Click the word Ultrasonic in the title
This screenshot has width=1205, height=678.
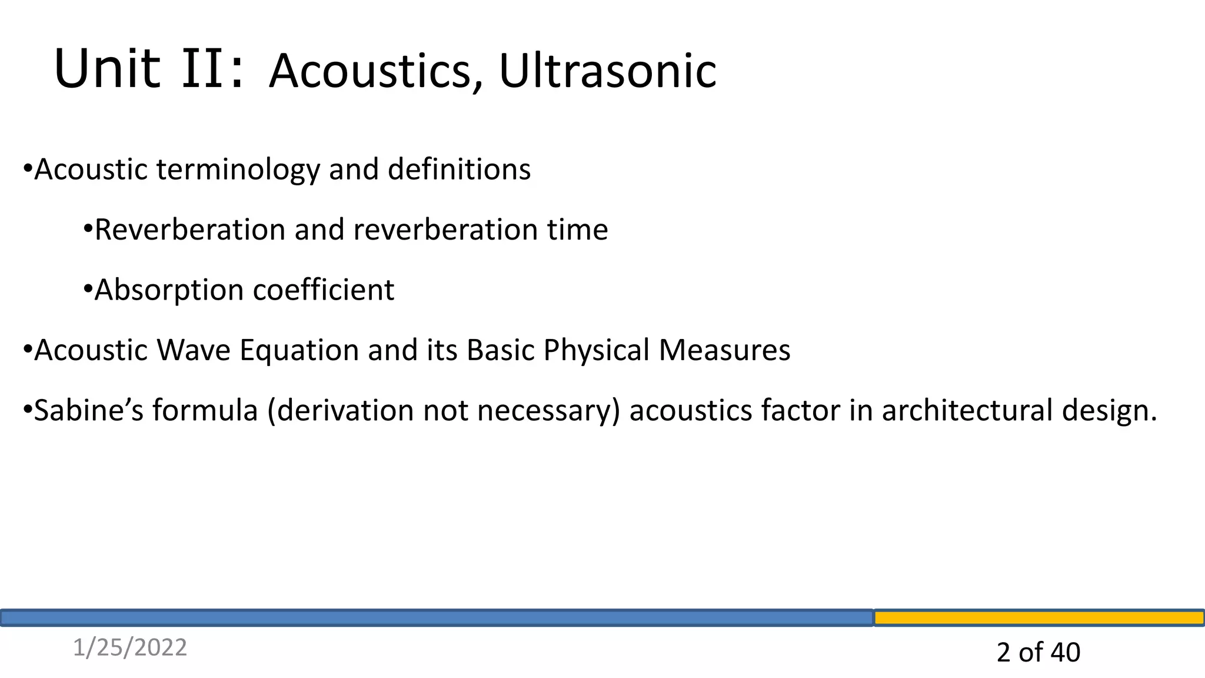pos(607,72)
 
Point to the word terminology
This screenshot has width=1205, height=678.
pos(238,170)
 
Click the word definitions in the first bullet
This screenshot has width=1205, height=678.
pos(459,169)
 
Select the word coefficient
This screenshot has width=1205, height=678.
pos(323,290)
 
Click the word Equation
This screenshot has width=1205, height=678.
pos(299,351)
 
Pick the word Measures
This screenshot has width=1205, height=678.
pos(724,351)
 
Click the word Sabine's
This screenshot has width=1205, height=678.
pos(88,411)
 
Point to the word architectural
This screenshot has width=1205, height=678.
pos(967,411)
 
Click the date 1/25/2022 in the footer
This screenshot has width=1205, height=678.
pos(129,648)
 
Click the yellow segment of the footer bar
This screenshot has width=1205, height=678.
pos(1038,618)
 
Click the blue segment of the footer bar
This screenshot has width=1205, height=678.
pos(435,618)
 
